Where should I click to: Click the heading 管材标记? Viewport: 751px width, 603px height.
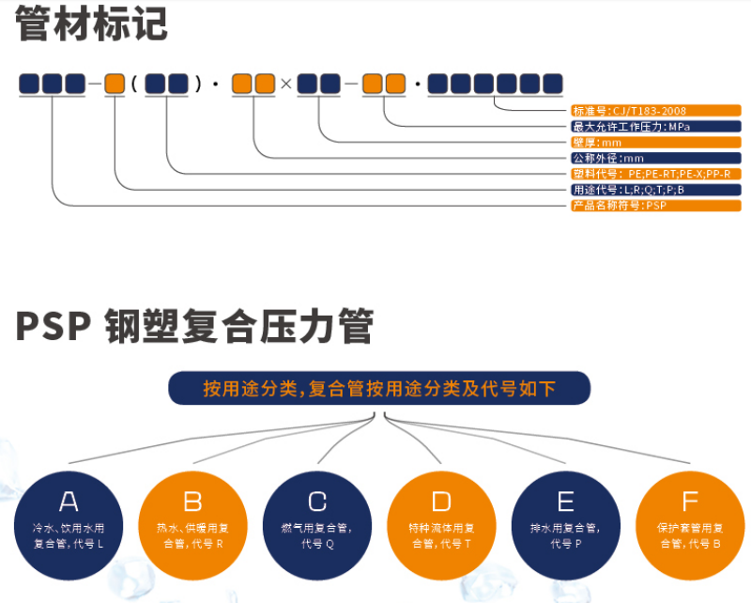click(92, 24)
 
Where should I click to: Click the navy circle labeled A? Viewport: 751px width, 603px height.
click(69, 524)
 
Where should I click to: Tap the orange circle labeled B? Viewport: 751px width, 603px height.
click(192, 524)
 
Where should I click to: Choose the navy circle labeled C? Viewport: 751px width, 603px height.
click(317, 524)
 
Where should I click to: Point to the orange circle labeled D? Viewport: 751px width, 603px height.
click(441, 524)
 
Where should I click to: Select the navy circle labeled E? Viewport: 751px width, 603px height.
click(565, 524)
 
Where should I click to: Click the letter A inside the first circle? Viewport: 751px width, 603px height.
click(69, 501)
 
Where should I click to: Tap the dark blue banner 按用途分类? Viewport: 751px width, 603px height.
click(379, 388)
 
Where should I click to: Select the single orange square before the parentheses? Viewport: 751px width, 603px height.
click(115, 84)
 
